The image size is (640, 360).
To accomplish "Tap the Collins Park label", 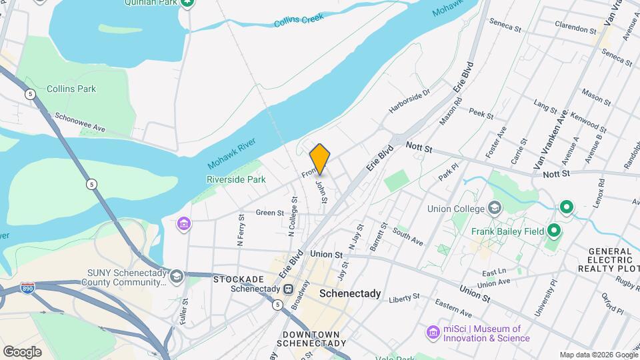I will click(x=71, y=89).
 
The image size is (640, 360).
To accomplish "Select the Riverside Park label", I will click(x=236, y=179).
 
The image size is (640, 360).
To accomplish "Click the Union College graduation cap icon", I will click(x=495, y=208).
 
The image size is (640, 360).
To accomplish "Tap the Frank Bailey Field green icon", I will click(x=553, y=231).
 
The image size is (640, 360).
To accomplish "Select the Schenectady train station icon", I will click(x=288, y=289).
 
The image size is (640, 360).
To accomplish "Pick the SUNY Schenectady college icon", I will click(x=177, y=276).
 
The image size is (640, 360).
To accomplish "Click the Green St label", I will click(x=270, y=213).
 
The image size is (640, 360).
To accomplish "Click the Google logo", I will click(x=22, y=351).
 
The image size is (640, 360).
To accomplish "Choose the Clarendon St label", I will click(x=577, y=29).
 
